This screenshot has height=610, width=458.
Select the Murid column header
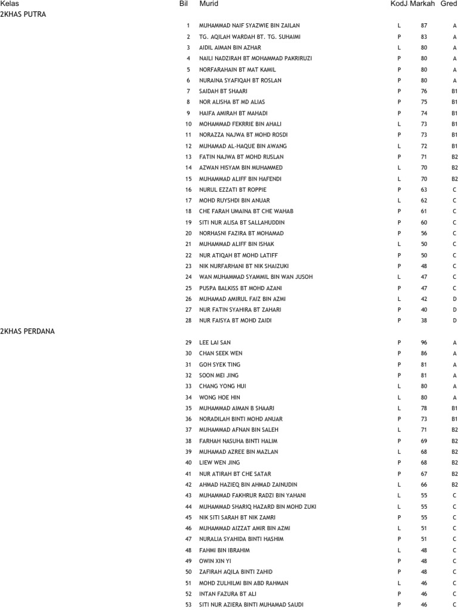209,4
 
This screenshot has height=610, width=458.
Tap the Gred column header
448,4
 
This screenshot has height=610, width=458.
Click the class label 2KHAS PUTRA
23,14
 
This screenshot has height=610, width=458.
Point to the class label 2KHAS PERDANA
27,331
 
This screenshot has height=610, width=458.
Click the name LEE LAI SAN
215,343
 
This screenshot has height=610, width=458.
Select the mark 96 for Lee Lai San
424,343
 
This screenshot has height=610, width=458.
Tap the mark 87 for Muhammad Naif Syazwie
424,26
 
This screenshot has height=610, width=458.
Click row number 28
188,320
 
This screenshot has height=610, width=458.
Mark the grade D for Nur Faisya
454,320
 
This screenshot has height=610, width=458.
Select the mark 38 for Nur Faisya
424,320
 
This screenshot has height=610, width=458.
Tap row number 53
188,605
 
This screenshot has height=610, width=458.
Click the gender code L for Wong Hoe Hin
399,397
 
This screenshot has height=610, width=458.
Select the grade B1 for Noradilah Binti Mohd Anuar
454,419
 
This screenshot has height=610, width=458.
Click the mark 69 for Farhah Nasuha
424,441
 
